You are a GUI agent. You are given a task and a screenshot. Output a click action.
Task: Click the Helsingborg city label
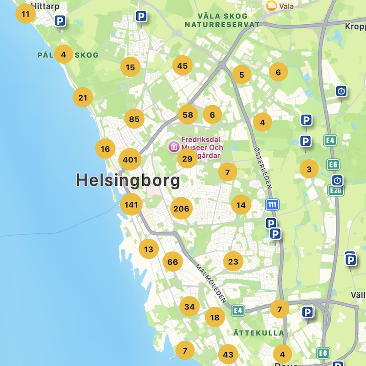pos(128,180)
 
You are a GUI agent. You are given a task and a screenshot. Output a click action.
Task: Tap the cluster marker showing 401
pos(130,160)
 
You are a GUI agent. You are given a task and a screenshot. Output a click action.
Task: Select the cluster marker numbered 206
pos(181,209)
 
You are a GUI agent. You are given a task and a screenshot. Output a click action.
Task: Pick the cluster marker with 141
pos(131,205)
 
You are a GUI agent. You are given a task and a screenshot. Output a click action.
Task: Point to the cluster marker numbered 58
pos(188,115)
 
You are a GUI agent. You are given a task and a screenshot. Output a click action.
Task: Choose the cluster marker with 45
pos(182,66)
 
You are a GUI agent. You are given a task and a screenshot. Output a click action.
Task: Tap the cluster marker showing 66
pos(172,262)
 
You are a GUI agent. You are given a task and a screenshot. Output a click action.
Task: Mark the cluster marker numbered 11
pos(25,14)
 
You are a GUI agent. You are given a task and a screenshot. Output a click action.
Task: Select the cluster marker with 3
pos(309,169)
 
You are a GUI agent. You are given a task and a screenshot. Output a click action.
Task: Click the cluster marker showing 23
pos(233,262)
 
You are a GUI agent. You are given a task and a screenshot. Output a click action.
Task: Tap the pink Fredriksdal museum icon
pos(174,146)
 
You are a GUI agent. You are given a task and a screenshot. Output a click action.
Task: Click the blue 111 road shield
pos(272,205)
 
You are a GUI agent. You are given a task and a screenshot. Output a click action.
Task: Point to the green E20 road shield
pos(336,191)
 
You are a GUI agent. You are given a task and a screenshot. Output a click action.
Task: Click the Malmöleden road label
pos(210,284)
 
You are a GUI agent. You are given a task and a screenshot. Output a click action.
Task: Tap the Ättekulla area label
pos(258,333)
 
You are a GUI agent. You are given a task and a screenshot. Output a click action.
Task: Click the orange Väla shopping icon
pos(271,5)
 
